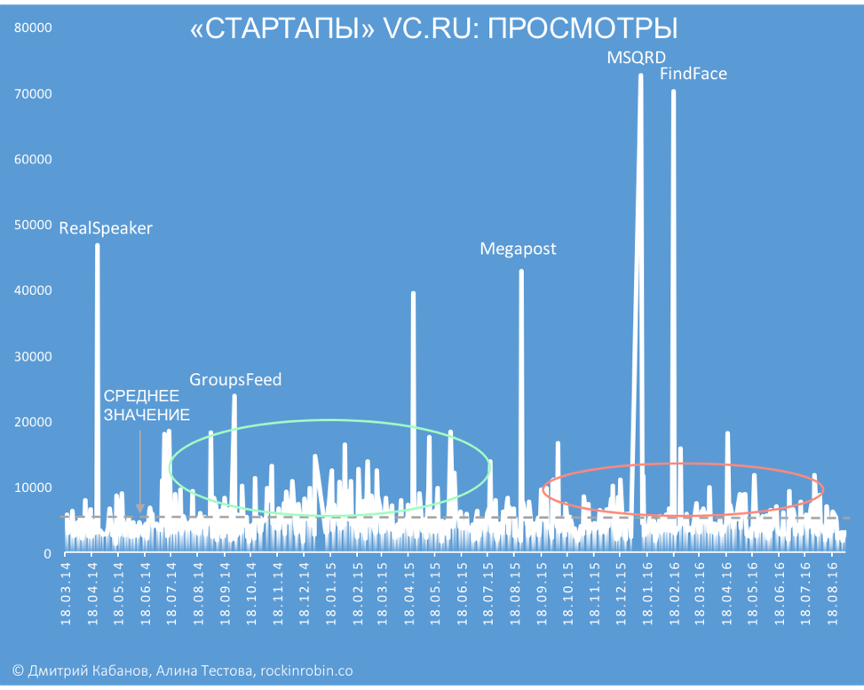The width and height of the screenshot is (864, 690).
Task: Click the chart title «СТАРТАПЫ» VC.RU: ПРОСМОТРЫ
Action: pos(433,29)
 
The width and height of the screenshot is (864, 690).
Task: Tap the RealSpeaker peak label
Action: pos(106,228)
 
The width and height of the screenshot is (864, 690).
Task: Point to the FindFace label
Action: pos(693,74)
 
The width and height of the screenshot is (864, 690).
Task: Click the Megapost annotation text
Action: pos(518,249)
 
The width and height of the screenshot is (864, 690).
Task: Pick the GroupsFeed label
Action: pos(235,380)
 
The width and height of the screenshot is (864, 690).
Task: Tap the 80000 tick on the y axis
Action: pos(35,28)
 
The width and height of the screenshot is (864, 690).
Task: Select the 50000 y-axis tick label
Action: pos(35,226)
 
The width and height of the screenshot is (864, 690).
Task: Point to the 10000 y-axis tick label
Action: pos(35,488)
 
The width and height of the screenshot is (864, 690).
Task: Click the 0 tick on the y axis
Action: pos(47,553)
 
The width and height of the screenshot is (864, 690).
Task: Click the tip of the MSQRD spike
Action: pos(640,76)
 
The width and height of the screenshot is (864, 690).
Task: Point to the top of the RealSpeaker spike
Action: pos(97,246)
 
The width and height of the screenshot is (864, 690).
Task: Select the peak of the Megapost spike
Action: pos(521,272)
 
